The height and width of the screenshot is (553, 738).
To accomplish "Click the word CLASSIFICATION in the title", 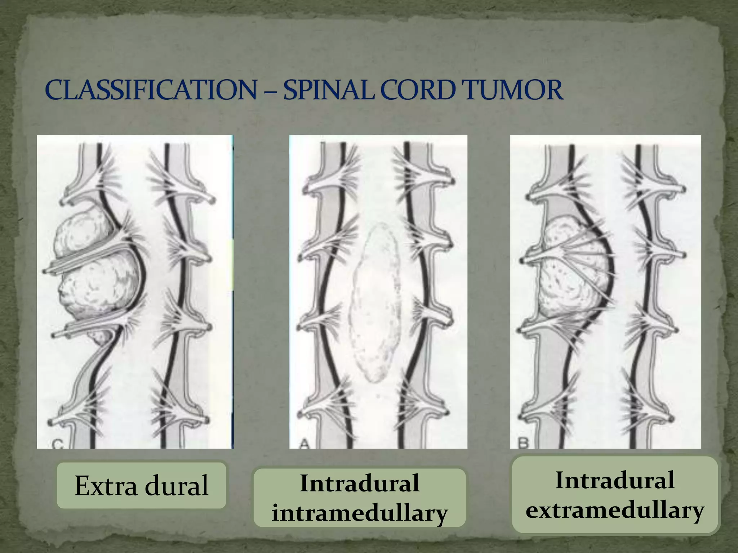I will pyautogui.click(x=151, y=90).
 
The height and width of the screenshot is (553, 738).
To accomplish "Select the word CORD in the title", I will pyautogui.click(x=418, y=90).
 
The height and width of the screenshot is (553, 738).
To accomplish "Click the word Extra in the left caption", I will pyautogui.click(x=106, y=486).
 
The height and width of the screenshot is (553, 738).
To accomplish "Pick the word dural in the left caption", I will pyautogui.click(x=177, y=486).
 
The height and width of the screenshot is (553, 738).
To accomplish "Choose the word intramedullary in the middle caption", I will pyautogui.click(x=360, y=513).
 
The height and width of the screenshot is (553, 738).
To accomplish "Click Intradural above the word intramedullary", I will pyautogui.click(x=360, y=483).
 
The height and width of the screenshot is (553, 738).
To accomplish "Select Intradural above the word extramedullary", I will pyautogui.click(x=615, y=480).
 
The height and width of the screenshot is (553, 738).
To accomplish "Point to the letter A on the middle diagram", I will pyautogui.click(x=305, y=444).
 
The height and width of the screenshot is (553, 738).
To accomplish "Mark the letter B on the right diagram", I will pyautogui.click(x=523, y=442).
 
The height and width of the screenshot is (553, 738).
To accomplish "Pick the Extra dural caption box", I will pyautogui.click(x=141, y=485).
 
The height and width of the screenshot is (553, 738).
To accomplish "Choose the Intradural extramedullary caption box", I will pyautogui.click(x=615, y=495).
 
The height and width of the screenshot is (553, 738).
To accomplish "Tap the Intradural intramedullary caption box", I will pyautogui.click(x=360, y=498).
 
